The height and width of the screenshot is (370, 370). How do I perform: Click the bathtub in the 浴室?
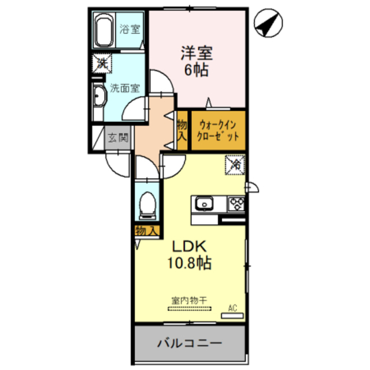click(103, 30)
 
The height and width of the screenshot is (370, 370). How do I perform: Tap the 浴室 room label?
click(129, 29)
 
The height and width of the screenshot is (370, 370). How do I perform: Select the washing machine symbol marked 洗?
click(102, 64)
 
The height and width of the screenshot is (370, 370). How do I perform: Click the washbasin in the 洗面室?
click(99, 97)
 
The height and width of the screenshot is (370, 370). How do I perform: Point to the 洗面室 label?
click(125, 88)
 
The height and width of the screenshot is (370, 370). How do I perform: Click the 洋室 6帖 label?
click(197, 61)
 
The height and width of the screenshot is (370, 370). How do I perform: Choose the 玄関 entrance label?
click(118, 138)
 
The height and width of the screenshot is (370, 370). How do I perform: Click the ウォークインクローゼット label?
click(217, 131)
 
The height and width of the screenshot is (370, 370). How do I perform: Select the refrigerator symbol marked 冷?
click(235, 165)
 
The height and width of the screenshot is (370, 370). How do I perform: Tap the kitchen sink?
click(204, 203)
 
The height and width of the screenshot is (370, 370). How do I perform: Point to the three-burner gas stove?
click(236, 203)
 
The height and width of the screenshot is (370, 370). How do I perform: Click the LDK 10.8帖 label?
click(190, 255)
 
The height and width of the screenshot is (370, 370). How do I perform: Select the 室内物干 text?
click(189, 301)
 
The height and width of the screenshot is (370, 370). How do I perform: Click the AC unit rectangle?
click(232, 316)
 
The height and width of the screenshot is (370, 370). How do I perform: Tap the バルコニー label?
click(190, 343)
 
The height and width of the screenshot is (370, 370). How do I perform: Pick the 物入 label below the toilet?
click(146, 231)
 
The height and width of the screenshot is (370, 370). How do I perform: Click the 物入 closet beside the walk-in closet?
click(182, 131)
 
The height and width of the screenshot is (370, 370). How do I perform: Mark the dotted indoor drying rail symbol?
click(189, 308)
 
